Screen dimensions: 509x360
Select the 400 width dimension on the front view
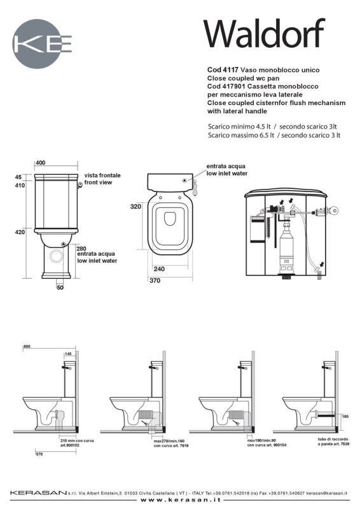pos(41,163)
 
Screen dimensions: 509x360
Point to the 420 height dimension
pos(20,233)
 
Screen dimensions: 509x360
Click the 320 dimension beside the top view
pos(135,207)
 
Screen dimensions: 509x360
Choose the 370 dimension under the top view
pos(155,280)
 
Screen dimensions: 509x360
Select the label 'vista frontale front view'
pos(102,178)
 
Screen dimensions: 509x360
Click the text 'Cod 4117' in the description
pos(223,69)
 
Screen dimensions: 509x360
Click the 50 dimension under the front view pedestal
pos(60,288)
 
